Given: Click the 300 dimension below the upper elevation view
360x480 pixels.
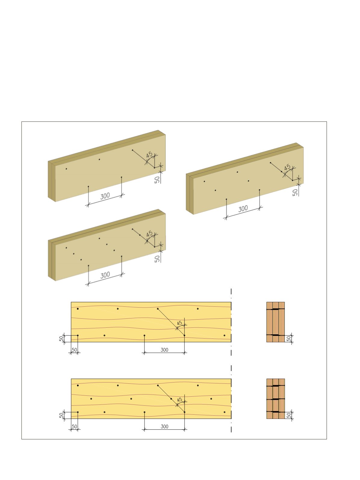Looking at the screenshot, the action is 164,350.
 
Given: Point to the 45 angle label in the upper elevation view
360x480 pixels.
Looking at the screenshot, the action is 179,323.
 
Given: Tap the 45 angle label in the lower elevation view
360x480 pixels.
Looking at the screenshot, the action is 179,400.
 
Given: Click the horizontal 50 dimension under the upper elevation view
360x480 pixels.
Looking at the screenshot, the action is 74,350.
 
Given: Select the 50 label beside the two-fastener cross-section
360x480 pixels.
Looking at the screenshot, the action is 289,339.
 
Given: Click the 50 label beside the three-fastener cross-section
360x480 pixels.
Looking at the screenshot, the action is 289,415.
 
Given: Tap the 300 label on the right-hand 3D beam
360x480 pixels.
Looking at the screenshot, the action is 243,209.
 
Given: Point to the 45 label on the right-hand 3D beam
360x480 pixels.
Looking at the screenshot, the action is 287,168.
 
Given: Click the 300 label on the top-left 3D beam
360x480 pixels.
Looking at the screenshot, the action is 105,196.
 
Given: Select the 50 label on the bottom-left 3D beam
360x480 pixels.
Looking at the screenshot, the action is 157,259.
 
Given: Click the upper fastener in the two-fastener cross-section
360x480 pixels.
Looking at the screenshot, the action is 276,309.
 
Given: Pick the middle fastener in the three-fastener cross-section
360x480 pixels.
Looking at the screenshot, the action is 276,399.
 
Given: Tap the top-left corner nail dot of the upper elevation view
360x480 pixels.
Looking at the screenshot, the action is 78,309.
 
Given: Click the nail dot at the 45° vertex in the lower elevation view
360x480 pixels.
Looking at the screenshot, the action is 185,412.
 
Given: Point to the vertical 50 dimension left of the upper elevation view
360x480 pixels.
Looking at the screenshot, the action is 61,339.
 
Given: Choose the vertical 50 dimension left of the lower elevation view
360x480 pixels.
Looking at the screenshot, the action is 61,415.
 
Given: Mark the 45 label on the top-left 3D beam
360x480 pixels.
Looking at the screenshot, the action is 149,155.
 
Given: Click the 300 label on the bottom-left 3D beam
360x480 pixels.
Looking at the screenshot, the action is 105,275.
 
